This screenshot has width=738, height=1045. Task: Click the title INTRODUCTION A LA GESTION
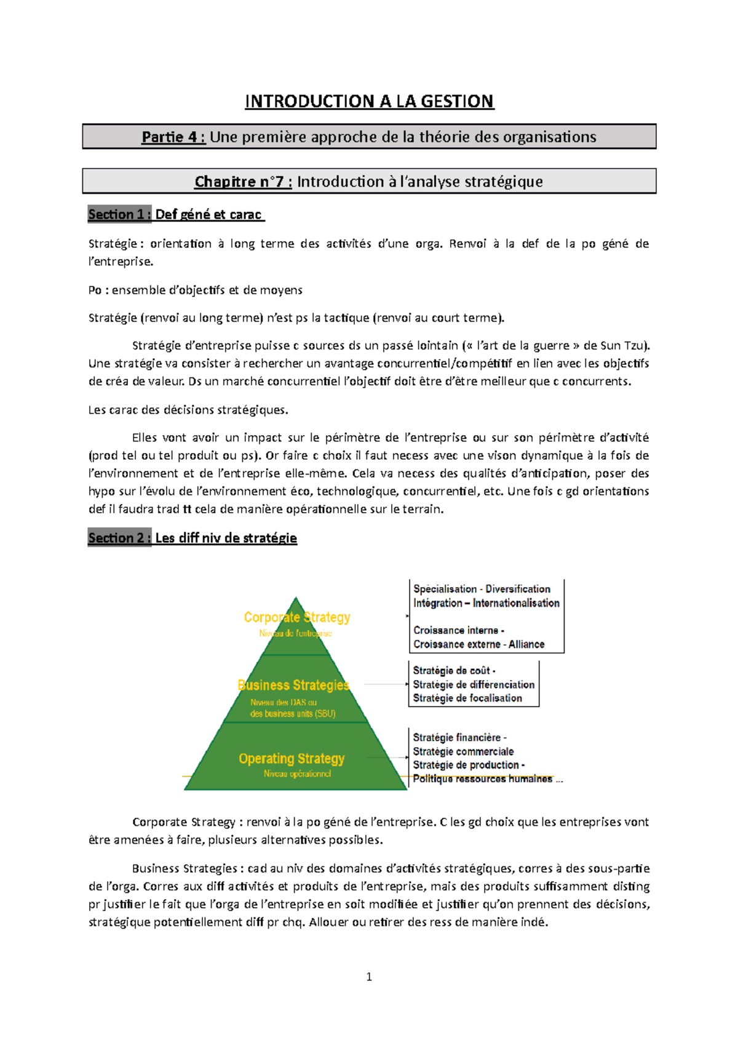[369, 101]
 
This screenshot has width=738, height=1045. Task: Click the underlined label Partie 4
[173, 137]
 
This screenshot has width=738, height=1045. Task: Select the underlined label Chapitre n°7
[243, 182]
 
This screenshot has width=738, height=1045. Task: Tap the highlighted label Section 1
[119, 214]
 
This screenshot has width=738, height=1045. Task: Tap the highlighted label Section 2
[119, 538]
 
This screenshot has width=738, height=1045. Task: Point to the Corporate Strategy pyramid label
[297, 617]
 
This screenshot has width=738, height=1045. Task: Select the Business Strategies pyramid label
[293, 685]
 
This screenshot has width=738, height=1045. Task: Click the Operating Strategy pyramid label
[292, 759]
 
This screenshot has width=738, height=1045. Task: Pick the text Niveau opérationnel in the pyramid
[297, 774]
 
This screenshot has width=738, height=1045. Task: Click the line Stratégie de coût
[454, 671]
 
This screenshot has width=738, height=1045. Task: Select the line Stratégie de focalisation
[467, 698]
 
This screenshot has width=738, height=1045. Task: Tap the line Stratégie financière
[459, 737]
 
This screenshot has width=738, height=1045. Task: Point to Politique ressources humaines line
[483, 779]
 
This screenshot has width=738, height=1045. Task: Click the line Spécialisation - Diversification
[482, 589]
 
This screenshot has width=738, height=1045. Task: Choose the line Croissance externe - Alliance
[478, 644]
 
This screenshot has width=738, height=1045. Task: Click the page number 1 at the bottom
[369, 977]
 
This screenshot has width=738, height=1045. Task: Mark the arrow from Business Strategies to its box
[386, 684]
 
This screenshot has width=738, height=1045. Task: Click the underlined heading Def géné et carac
[209, 214]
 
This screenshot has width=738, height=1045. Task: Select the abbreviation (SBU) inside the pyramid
[325, 714]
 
